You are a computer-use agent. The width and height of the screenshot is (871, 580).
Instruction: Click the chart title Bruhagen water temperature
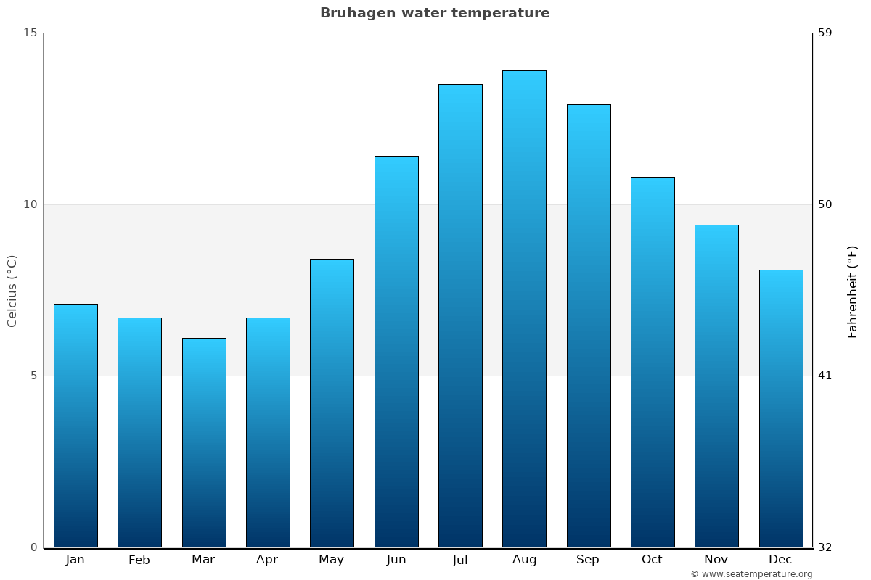pyautogui.click(x=435, y=13)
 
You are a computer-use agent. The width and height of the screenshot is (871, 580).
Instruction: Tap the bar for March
pyautogui.click(x=204, y=442)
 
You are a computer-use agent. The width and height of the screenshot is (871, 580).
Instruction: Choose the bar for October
pyautogui.click(x=653, y=362)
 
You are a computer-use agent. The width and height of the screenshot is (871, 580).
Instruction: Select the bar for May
pyautogui.click(x=332, y=403)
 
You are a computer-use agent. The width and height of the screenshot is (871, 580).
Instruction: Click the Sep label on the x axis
pyautogui.click(x=588, y=560)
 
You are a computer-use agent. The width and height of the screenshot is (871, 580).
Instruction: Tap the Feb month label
pyautogui.click(x=139, y=560)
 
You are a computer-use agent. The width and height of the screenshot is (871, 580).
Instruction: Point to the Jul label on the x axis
pyautogui.click(x=460, y=560)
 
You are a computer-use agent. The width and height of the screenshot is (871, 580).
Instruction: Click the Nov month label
pyautogui.click(x=716, y=560)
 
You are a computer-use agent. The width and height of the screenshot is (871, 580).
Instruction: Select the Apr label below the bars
pyautogui.click(x=267, y=560)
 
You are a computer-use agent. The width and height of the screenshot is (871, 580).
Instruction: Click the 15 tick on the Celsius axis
pyautogui.click(x=30, y=33)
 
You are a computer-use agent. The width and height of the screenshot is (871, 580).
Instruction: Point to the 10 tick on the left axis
pyautogui.click(x=30, y=204)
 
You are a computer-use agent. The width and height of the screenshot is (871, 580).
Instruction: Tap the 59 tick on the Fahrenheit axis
pyautogui.click(x=825, y=33)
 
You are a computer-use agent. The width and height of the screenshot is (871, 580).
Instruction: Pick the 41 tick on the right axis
pyautogui.click(x=825, y=376)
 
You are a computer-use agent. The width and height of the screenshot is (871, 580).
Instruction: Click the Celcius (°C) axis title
pyautogui.click(x=12, y=291)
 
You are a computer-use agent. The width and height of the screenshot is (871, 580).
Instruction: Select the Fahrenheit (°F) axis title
pyautogui.click(x=852, y=291)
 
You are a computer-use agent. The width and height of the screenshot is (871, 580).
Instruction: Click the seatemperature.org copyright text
pyautogui.click(x=751, y=574)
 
